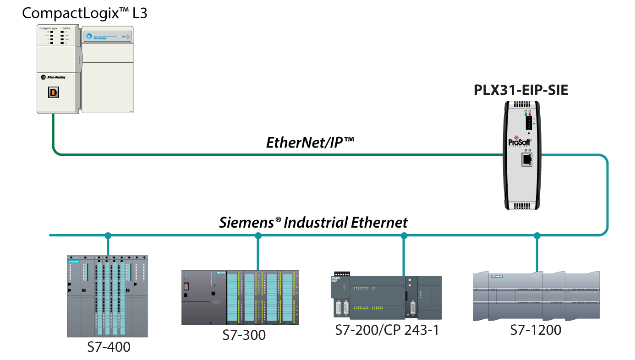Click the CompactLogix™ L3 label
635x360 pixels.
pos(85,13)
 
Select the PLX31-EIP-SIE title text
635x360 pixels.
pos(521,90)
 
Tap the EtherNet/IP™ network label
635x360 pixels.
pos(310,142)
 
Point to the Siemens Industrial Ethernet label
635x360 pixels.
pos(313,223)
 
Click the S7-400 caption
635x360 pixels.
pos(109,347)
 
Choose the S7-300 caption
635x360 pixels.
pos(244,335)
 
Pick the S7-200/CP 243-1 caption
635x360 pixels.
pos(387,330)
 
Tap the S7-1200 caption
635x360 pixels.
pos(536,330)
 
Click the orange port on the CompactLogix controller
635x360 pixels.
pos(53,92)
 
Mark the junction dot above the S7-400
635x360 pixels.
pos(108,236)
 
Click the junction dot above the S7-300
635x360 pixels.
pos(258,236)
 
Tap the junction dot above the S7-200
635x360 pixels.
pos(404,236)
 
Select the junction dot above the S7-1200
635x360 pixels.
pos(537,236)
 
